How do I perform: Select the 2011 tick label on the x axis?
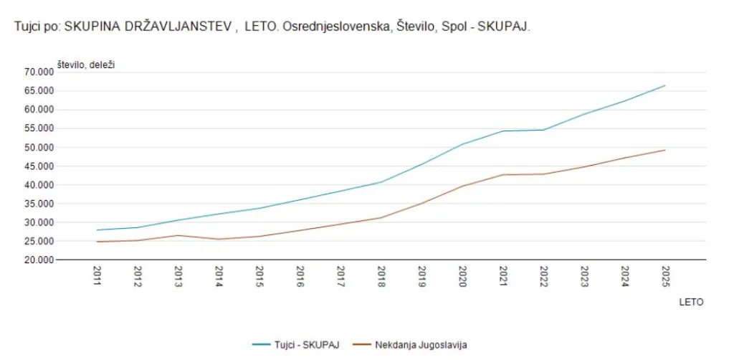click(x=97, y=276)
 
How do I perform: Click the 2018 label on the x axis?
click(x=381, y=276)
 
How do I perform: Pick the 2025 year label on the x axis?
click(x=664, y=276)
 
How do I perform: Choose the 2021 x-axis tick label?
click(x=502, y=276)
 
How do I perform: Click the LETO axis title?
click(x=691, y=302)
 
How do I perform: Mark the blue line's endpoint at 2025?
click(x=665, y=85)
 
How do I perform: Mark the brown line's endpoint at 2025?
click(x=665, y=150)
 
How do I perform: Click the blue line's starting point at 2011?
click(x=97, y=230)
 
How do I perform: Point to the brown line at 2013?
click(x=178, y=235)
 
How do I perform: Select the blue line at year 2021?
click(x=502, y=131)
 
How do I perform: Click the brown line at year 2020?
click(x=462, y=186)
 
